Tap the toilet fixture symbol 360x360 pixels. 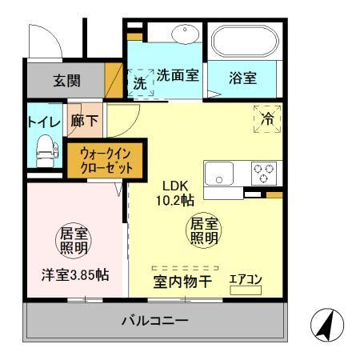(43, 147)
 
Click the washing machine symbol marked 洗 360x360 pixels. (140, 80)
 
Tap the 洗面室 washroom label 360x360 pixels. (178, 77)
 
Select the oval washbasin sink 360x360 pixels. (185, 34)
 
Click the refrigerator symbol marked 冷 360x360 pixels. (266, 117)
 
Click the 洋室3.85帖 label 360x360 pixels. (75, 274)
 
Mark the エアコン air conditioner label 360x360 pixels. (245, 279)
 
